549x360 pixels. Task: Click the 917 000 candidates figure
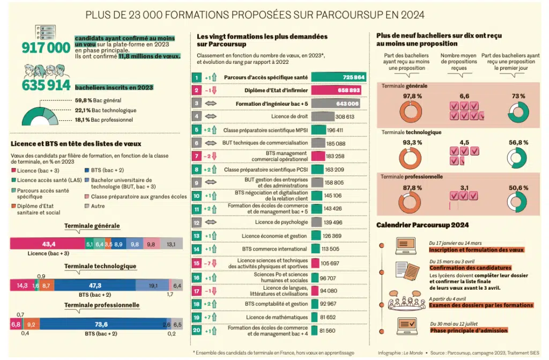click(46, 48)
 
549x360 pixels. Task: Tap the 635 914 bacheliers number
click(46, 85)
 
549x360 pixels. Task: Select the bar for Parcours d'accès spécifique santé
click(339, 78)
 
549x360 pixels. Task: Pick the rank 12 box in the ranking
click(197, 222)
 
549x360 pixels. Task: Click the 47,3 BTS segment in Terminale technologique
click(95, 285)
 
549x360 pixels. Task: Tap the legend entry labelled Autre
click(98, 206)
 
